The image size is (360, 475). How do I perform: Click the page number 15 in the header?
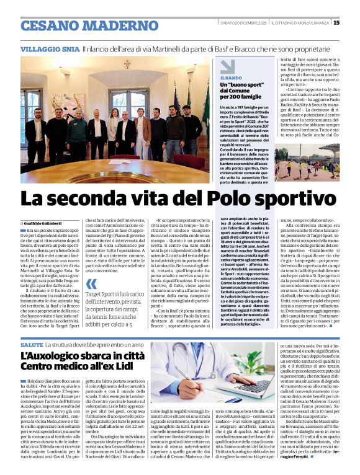coord(354,23)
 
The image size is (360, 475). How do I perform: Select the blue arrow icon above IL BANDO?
coord(228,66)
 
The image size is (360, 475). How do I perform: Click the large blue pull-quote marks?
coord(92,285)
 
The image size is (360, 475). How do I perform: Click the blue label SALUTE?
coord(32,344)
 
